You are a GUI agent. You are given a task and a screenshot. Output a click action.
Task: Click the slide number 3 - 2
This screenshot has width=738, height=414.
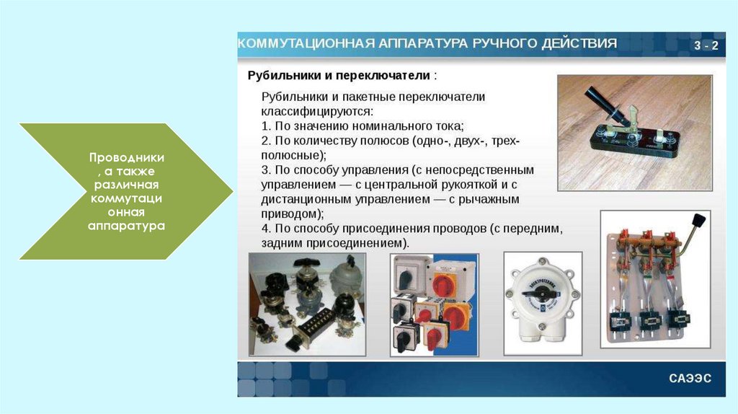pyautogui.click(x=706, y=45)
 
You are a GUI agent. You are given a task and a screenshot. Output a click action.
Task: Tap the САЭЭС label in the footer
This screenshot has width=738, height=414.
pyautogui.click(x=690, y=378)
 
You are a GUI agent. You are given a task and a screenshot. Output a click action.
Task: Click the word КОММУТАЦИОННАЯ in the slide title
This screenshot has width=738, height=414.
pyautogui.click(x=306, y=43)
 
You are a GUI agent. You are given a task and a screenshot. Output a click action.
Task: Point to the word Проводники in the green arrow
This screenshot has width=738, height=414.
pyautogui.click(x=127, y=157)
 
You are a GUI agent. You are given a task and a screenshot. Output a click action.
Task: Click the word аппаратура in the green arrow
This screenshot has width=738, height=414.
pyautogui.click(x=126, y=226)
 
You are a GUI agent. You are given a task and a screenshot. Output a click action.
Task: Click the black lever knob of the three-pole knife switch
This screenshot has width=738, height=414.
pyautogui.click(x=699, y=221)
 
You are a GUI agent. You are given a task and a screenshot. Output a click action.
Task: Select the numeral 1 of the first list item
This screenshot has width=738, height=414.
pyautogui.click(x=265, y=126)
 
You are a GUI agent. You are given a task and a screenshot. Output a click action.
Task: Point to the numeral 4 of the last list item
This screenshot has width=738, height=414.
pyautogui.click(x=265, y=229)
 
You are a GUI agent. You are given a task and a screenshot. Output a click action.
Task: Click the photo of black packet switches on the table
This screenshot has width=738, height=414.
pyautogui.click(x=307, y=304)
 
